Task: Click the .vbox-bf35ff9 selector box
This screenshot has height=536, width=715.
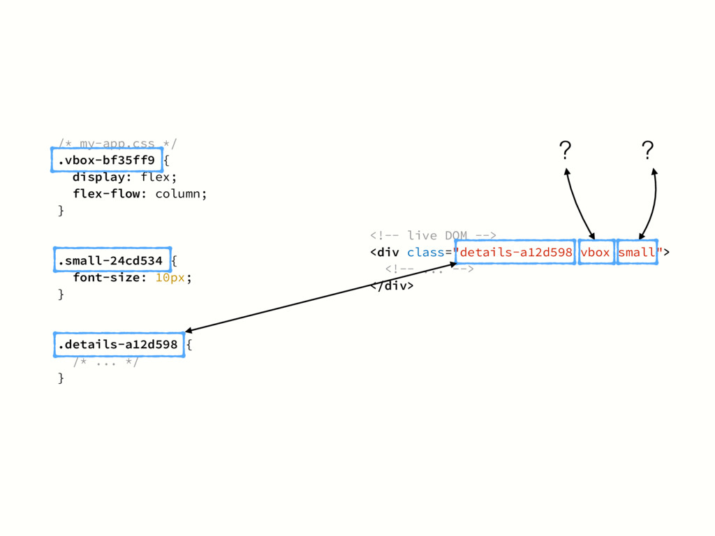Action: pos(106,161)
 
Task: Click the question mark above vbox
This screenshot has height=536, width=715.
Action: pos(565,149)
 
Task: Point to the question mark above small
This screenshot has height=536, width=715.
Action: pos(647,149)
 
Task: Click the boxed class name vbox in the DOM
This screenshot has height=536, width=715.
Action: pos(596,252)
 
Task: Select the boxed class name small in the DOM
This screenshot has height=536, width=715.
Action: pos(637,252)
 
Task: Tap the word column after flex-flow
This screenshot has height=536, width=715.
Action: pos(180,193)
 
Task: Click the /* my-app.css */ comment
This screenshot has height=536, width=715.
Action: pos(117,144)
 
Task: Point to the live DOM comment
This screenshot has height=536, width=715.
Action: pos(433,235)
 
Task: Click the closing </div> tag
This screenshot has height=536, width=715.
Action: pos(392,285)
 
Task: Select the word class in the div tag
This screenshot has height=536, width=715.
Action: pos(425,252)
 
